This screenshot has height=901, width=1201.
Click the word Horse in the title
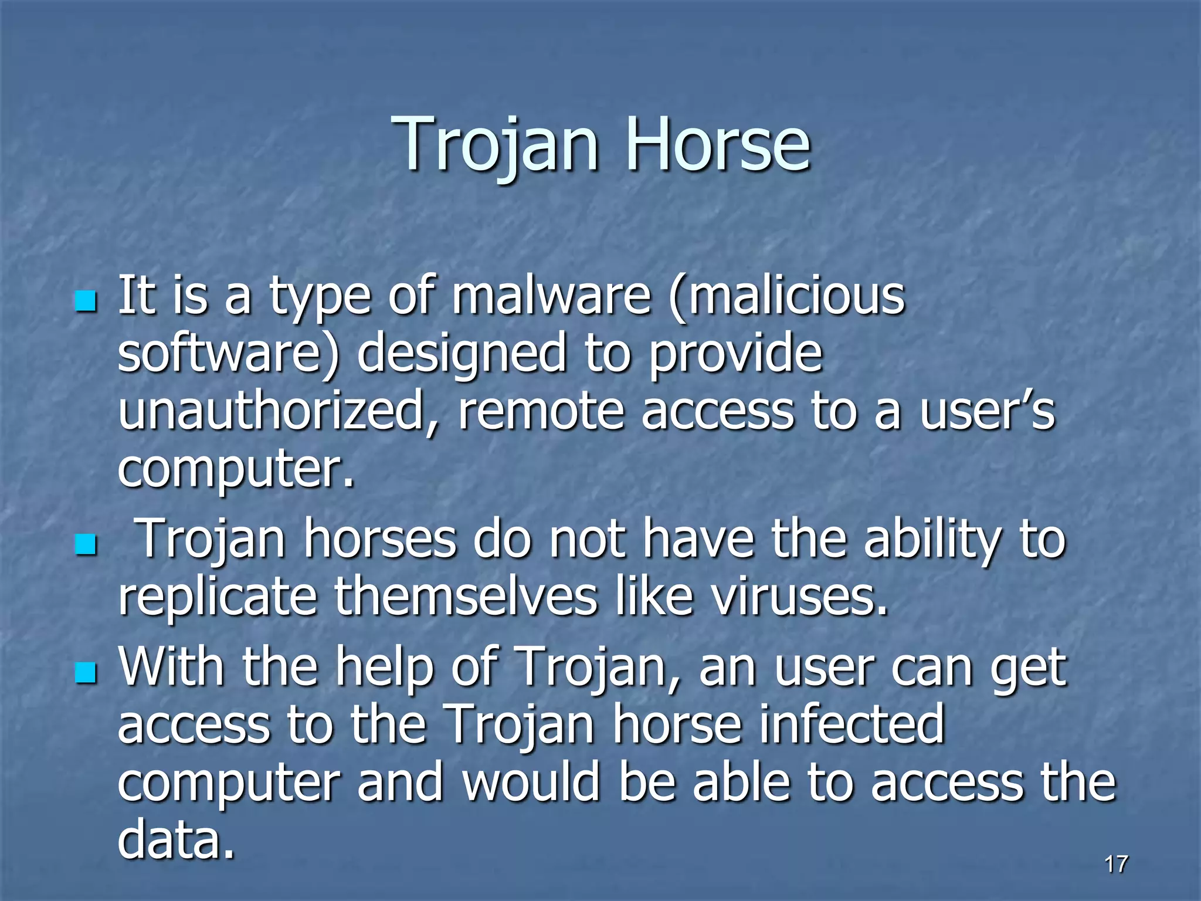(718, 144)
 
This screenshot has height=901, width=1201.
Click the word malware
(551, 296)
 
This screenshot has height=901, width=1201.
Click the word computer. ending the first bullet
(236, 469)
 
